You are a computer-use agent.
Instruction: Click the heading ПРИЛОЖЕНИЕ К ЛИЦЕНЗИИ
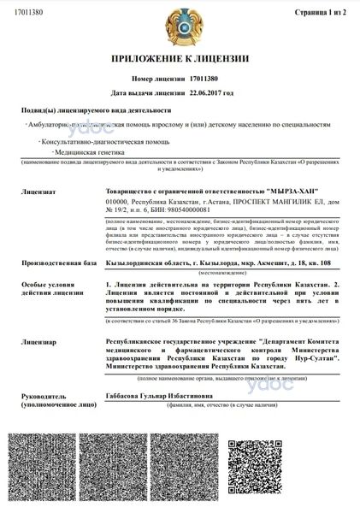[180, 60]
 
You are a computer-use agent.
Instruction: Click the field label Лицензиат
[39, 181]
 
